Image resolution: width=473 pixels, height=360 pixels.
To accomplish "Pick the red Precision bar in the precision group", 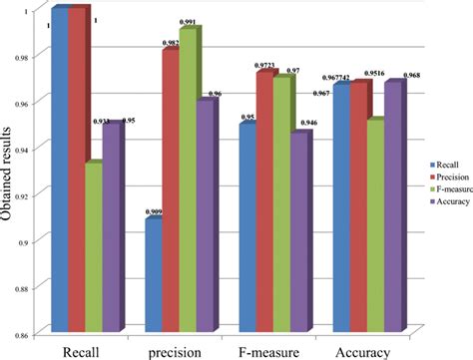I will tap(171, 189).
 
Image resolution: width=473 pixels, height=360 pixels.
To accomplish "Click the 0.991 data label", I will tap(186, 21).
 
